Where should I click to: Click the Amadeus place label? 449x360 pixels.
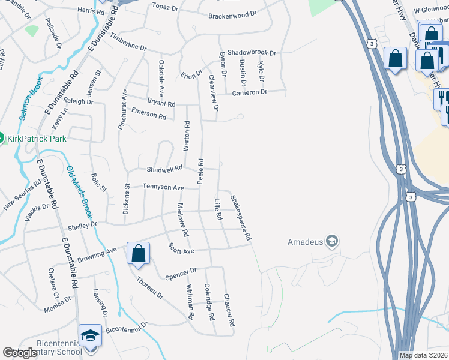click(x=306, y=242)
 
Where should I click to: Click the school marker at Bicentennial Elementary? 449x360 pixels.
click(x=90, y=335)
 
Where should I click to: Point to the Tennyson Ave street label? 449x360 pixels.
click(x=163, y=188)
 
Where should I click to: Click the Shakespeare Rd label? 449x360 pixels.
click(x=240, y=215)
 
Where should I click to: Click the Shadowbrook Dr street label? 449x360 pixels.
click(x=252, y=53)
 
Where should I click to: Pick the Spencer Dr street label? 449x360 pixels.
click(x=180, y=274)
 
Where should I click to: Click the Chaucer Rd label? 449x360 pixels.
click(x=229, y=310)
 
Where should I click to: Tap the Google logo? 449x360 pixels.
click(x=20, y=353)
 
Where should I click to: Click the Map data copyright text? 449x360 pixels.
click(x=423, y=355)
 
